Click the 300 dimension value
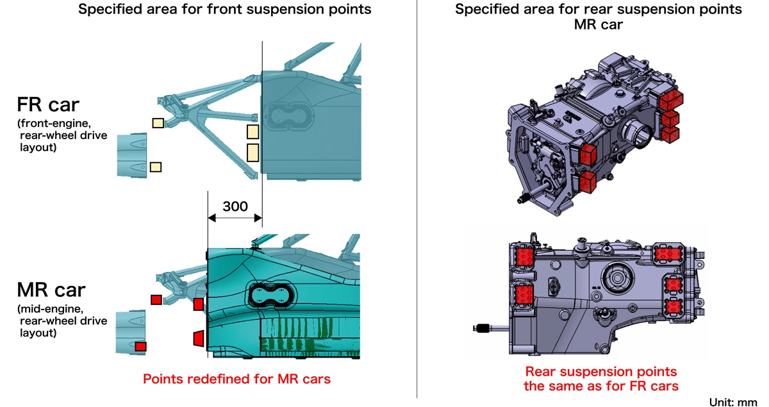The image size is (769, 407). [235, 206]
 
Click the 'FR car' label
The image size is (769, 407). [48, 106]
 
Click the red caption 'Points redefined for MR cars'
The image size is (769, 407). [236, 379]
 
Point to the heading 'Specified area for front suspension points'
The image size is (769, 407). [224, 10]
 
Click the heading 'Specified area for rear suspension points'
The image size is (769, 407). [599, 10]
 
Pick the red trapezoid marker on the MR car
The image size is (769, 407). [198, 337]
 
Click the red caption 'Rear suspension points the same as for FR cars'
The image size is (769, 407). [600, 378]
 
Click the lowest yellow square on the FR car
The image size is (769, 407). [155, 167]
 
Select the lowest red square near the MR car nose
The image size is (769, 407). [140, 346]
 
